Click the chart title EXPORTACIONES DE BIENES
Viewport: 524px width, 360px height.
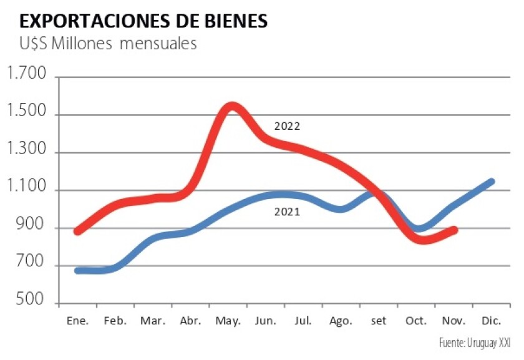[144, 21]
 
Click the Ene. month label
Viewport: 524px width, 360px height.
[77, 321]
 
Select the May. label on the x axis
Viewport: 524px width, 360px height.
[228, 321]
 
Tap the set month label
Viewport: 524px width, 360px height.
[379, 321]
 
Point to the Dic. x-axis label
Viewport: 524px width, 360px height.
[491, 321]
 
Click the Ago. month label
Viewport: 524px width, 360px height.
[341, 321]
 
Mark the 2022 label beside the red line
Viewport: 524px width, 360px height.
[288, 125]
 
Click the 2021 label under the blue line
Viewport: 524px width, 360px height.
[288, 212]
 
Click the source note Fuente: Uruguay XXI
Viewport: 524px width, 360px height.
[474, 344]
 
